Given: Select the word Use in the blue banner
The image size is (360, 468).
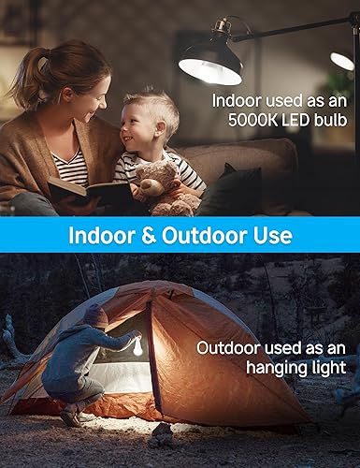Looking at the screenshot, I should click(x=271, y=234).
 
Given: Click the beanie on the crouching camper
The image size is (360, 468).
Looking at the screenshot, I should click(x=94, y=314).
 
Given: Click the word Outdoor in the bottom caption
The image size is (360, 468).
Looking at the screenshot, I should click(x=224, y=347).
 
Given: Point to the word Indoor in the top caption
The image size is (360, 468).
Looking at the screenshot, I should click(x=237, y=100).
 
